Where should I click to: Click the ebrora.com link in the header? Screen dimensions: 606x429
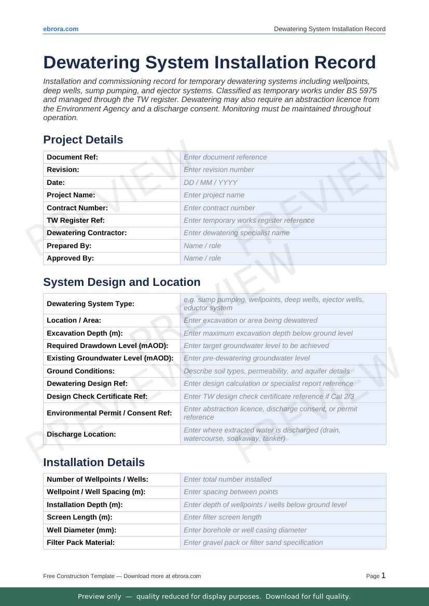[x=61, y=29]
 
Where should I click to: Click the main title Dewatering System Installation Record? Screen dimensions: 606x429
[x=209, y=62]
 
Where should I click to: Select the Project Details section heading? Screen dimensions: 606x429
[x=83, y=140]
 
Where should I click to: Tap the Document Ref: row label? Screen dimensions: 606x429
[x=72, y=157]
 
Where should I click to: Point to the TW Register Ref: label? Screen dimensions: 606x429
[x=76, y=220]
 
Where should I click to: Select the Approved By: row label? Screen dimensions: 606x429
[x=70, y=258]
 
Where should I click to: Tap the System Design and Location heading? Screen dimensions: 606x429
[x=121, y=282]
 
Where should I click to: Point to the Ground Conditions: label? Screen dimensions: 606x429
[x=80, y=371]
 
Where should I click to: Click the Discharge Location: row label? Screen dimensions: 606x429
[x=81, y=434]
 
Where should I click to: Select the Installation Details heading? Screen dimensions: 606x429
[x=94, y=463]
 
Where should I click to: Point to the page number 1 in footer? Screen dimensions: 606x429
[x=383, y=575]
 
